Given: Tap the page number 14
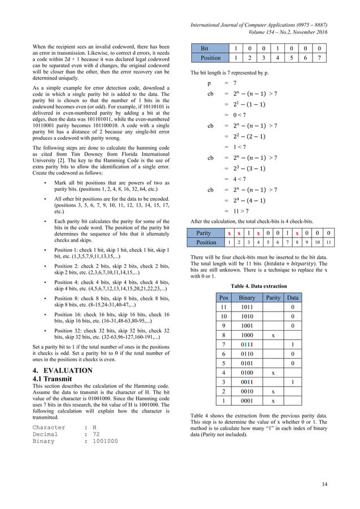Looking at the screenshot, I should (324, 484).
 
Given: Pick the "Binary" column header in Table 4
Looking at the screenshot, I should (247, 297).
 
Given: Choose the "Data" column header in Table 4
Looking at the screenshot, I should (293, 297).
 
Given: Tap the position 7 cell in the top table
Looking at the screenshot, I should (320, 59).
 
